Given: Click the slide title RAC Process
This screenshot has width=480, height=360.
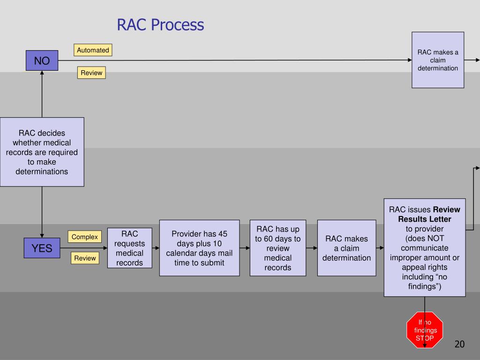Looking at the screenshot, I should (160, 25).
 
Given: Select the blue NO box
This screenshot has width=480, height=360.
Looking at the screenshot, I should (42, 60).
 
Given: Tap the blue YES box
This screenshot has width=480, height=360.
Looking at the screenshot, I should (42, 248).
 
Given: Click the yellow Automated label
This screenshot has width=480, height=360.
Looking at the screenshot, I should (93, 50).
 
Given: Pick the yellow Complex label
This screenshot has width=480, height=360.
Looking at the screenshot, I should (84, 237).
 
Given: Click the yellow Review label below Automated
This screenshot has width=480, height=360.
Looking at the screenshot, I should (91, 73).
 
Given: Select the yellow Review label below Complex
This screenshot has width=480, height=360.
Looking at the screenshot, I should (85, 258).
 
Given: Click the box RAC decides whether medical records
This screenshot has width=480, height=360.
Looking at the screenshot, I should (42, 152).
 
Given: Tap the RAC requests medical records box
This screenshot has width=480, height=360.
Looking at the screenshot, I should (129, 248).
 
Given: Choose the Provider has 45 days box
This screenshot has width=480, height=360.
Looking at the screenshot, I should (199, 248).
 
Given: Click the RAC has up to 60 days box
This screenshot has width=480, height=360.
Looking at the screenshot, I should (277, 248).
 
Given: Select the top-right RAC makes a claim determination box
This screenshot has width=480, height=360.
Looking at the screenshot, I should (438, 60).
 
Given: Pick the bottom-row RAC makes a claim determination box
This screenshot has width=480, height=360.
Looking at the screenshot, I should (346, 248).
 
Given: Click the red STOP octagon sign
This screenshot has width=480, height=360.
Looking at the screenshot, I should (425, 330).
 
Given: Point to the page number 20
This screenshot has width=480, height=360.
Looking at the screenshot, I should (459, 345).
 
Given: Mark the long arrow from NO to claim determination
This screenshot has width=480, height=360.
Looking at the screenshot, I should (234, 60).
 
